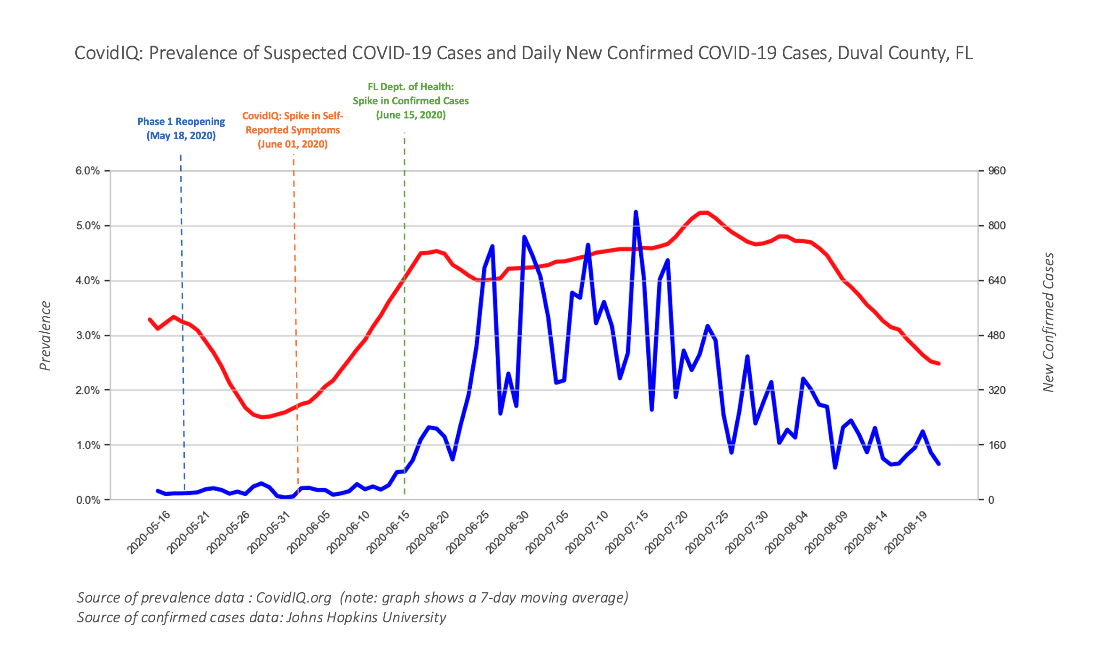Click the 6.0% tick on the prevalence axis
pos(88,171)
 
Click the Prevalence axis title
pos(45,336)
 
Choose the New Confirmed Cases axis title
pos(1048,322)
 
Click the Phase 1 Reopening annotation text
pos(181,128)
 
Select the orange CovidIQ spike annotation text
pos(293,130)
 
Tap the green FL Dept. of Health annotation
pos(411,101)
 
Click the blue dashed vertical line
pos(183,329)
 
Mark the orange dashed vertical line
pos(295,329)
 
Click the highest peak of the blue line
pos(636,212)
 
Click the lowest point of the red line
pos(262,417)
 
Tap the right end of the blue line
pos(939,464)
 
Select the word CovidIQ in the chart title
pos(108,53)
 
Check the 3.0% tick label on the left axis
pos(88,336)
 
